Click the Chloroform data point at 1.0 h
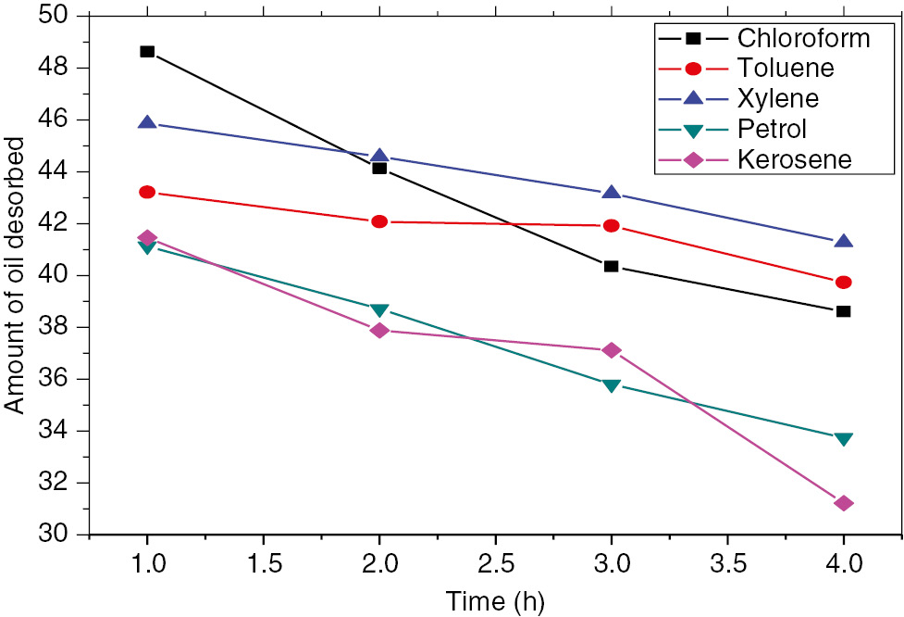click(147, 52)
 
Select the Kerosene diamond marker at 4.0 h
click(843, 503)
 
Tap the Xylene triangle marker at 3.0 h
click(611, 193)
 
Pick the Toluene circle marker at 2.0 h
click(379, 221)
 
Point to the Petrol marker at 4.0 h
click(843, 438)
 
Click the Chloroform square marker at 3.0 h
click(611, 266)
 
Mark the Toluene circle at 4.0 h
click(843, 283)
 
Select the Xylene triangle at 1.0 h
click(147, 123)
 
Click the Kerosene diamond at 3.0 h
click(611, 350)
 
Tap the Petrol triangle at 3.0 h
click(611, 384)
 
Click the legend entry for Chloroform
click(803, 39)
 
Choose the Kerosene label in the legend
click(794, 159)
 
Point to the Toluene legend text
click(786, 69)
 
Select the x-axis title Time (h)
click(495, 600)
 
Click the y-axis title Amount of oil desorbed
click(16, 275)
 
